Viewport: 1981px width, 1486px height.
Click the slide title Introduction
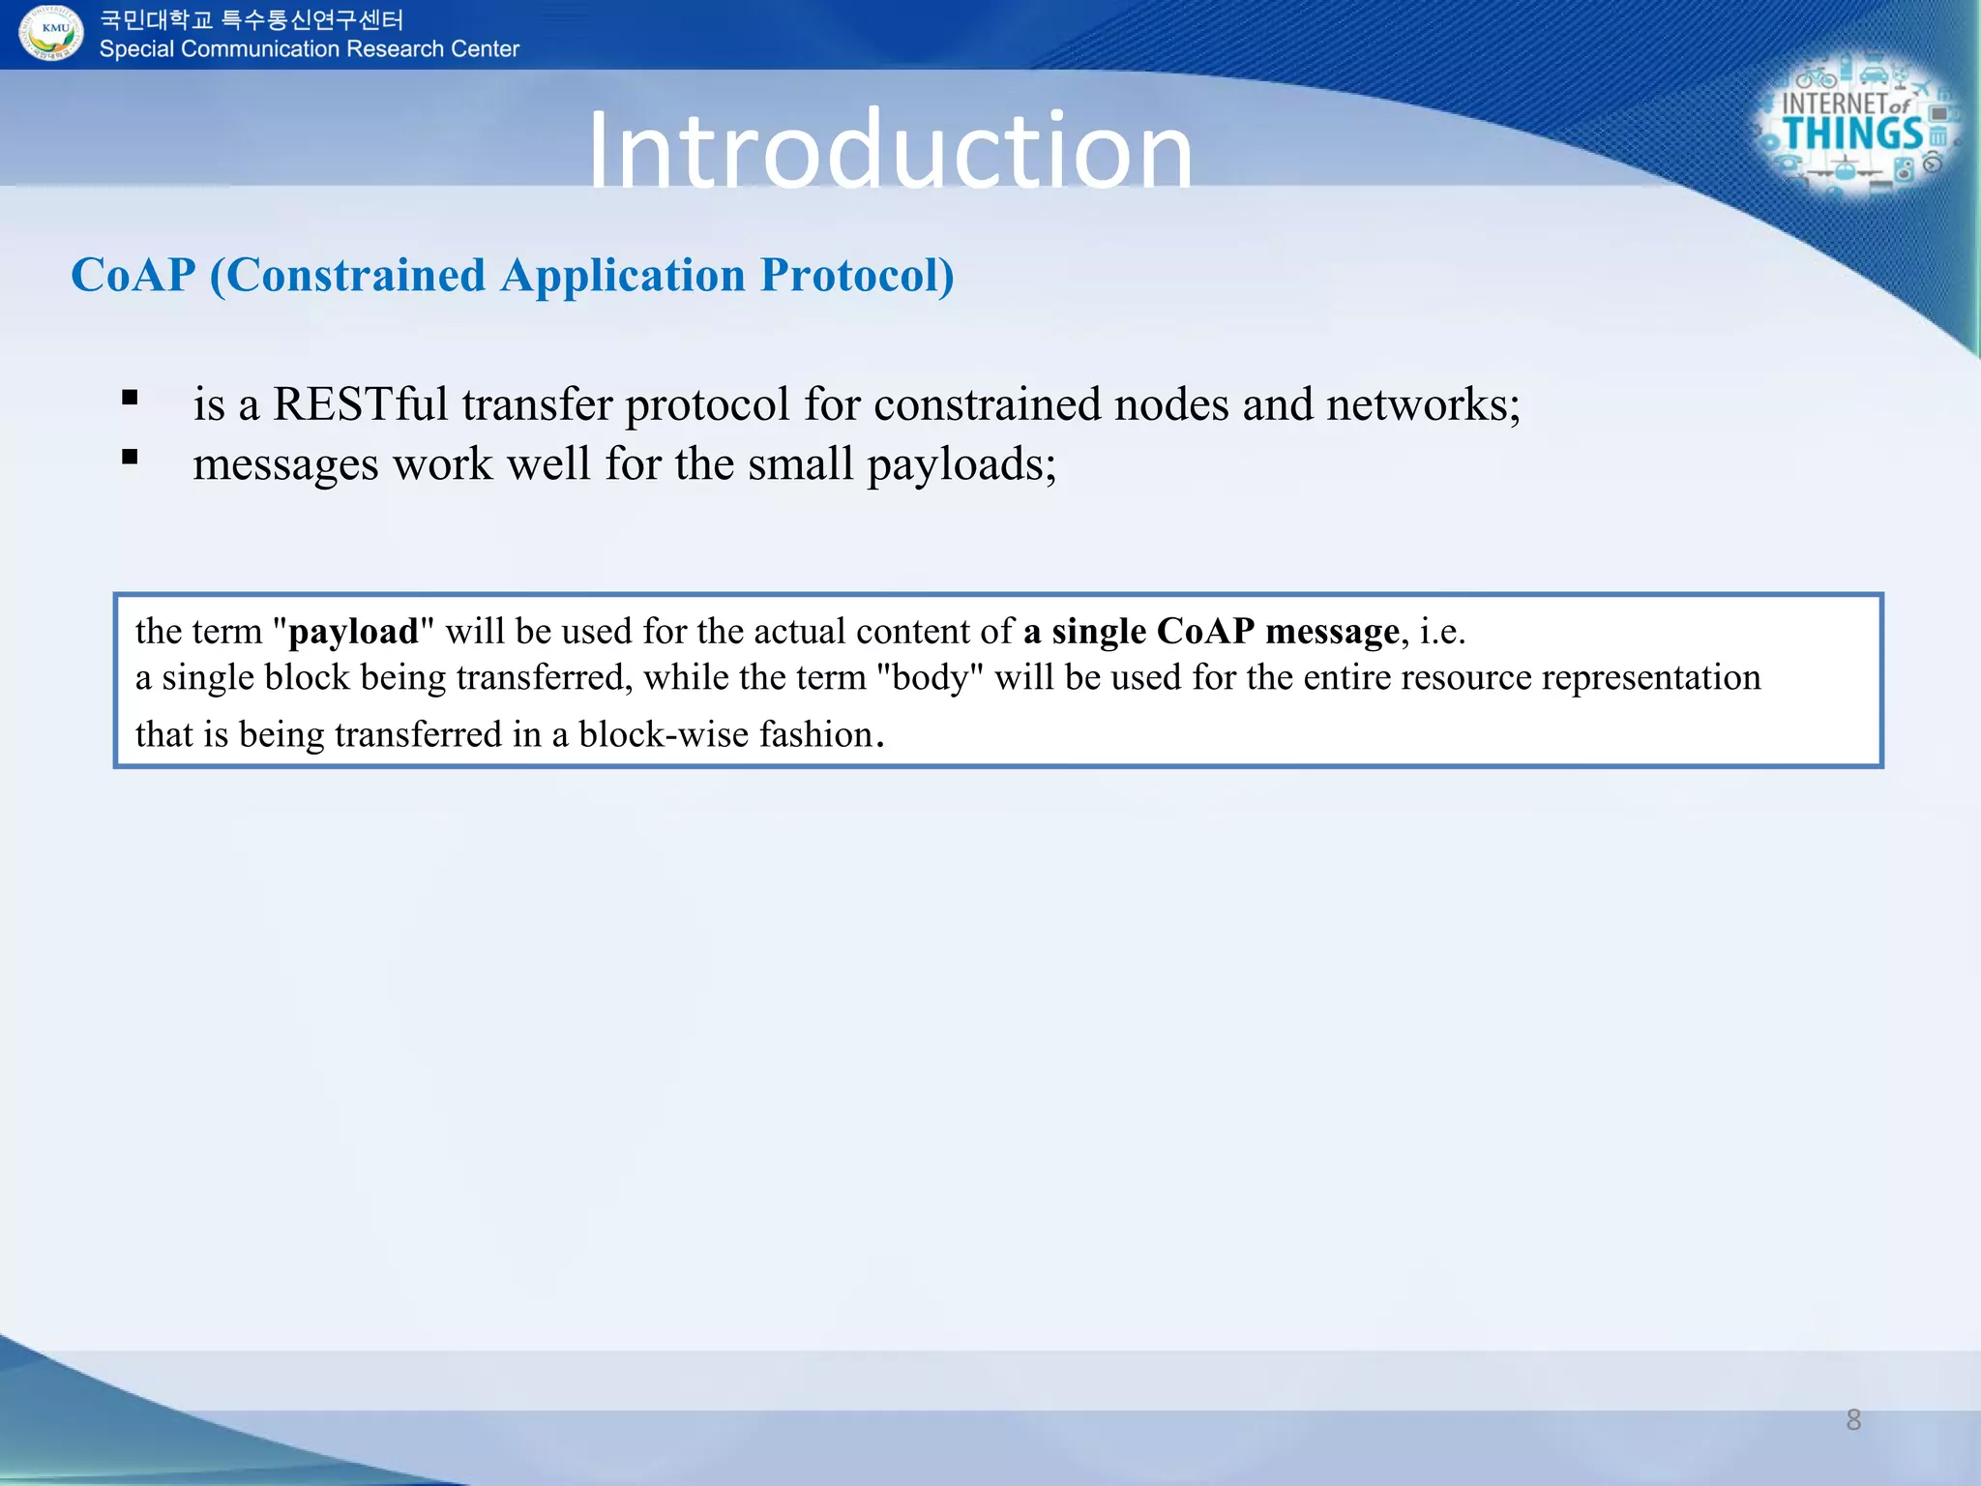(x=890, y=150)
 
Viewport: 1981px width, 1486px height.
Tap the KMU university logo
(x=52, y=33)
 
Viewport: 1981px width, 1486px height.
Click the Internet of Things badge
(x=1857, y=126)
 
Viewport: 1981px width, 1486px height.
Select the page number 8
(x=1853, y=1419)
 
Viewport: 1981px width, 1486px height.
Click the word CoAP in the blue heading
(x=133, y=275)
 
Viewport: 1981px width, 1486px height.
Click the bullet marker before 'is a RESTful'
(x=131, y=397)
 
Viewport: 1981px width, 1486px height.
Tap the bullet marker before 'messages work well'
(x=131, y=457)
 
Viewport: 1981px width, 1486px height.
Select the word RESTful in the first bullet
(x=360, y=403)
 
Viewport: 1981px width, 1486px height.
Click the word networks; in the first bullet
(x=1423, y=403)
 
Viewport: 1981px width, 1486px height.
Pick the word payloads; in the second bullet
(x=961, y=465)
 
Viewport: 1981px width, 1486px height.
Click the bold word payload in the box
(x=353, y=632)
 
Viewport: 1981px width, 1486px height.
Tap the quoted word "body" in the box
(x=929, y=677)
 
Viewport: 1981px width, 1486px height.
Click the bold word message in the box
(x=1331, y=632)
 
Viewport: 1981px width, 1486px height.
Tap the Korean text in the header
(x=251, y=19)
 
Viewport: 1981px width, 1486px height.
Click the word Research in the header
(x=390, y=49)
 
